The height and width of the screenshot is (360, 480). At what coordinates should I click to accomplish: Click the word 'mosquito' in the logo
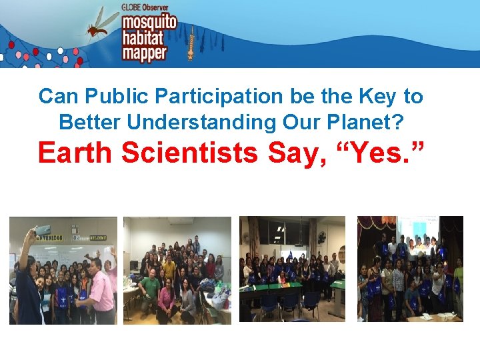[x=149, y=23]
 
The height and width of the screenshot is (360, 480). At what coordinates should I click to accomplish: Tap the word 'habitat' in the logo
[x=143, y=38]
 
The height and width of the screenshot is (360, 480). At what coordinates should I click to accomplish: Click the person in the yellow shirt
[x=169, y=267]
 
